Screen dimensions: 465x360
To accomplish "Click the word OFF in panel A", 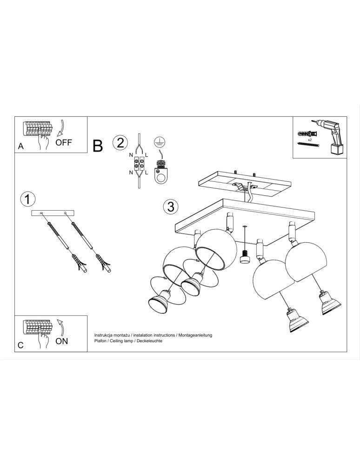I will click(x=64, y=142).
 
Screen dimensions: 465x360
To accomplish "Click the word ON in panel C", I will click(x=61, y=341).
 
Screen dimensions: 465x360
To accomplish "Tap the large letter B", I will click(x=98, y=146).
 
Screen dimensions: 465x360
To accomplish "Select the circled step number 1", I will click(x=28, y=199).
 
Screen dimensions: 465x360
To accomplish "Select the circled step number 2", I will click(x=120, y=142).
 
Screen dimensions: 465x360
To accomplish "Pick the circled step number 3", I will click(x=171, y=206).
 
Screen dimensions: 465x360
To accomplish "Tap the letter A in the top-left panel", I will click(x=20, y=146).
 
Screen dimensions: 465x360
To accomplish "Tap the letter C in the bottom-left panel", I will click(x=20, y=345).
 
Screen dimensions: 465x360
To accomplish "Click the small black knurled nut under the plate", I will click(x=244, y=257).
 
